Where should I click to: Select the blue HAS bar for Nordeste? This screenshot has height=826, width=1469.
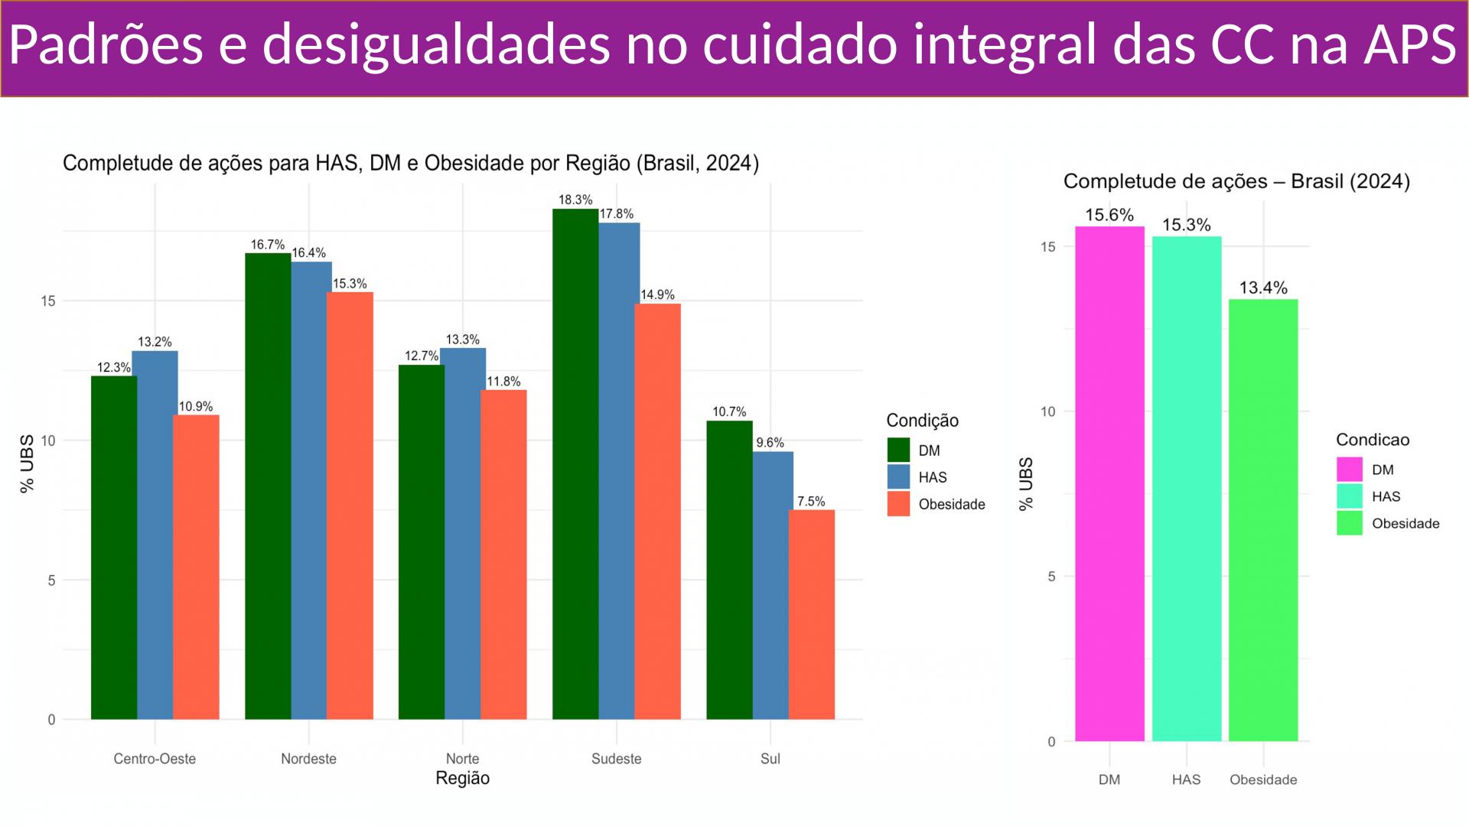coord(311,490)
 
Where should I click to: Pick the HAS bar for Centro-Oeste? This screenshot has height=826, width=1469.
coord(155,535)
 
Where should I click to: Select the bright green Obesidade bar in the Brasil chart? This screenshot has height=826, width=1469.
coord(1263,520)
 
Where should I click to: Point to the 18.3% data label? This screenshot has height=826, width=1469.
coord(575,200)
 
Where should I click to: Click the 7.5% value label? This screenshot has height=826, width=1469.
coord(811,502)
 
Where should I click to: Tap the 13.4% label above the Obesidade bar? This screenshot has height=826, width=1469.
coord(1263,288)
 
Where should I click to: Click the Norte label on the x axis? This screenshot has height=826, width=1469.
coord(462,759)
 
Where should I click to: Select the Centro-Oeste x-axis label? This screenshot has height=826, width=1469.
coord(155,759)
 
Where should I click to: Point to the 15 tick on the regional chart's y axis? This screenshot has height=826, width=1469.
coord(49,301)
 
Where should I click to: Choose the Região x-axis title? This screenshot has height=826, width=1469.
coord(462,779)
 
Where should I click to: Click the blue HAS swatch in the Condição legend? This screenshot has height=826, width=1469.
coord(898,477)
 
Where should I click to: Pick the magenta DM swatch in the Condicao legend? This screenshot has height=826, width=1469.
coord(1349,470)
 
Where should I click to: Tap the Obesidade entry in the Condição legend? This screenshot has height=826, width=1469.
coord(951,504)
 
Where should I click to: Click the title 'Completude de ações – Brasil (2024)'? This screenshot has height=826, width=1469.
coord(1236,181)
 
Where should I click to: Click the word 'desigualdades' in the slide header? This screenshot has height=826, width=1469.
coord(436,44)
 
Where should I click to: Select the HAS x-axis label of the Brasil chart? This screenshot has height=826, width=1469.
coord(1186,780)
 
